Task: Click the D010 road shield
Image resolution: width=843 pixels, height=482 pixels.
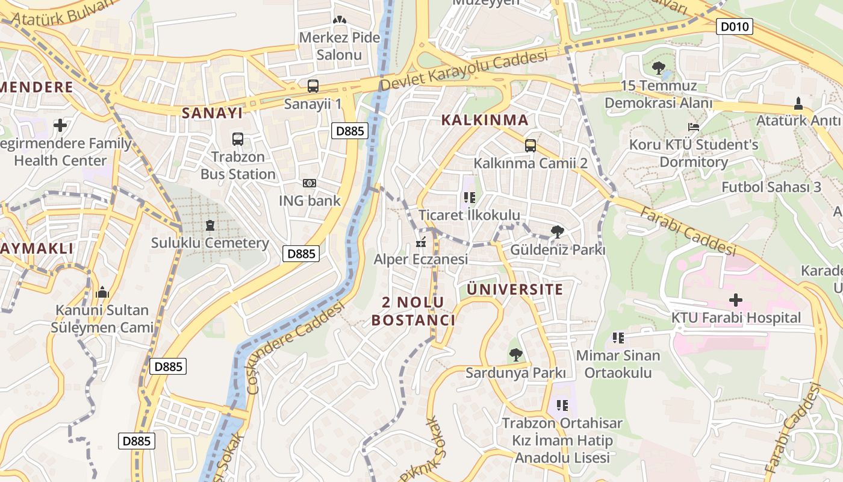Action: (735, 27)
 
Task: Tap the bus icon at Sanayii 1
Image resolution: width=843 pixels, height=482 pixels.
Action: (313, 86)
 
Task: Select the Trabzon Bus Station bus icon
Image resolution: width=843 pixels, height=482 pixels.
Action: (238, 139)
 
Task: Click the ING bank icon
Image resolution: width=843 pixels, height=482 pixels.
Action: (310, 183)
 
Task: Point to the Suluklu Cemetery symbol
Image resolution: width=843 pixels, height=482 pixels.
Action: (210, 225)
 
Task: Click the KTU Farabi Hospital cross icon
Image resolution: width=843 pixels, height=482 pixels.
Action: (735, 299)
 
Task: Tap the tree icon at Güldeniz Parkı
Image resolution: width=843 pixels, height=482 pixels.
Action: (557, 231)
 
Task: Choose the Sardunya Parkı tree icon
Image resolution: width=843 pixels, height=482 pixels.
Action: (515, 355)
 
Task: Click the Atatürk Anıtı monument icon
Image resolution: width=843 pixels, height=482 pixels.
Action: (798, 104)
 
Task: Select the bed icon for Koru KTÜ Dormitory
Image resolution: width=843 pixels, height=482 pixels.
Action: (694, 128)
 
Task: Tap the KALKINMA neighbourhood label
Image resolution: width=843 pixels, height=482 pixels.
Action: (485, 120)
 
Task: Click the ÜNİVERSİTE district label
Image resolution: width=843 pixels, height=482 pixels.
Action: (515, 289)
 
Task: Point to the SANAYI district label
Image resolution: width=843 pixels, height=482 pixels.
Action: (212, 113)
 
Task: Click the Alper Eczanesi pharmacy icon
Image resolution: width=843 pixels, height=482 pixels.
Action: (421, 243)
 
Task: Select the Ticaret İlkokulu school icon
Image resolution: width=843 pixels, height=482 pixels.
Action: (470, 197)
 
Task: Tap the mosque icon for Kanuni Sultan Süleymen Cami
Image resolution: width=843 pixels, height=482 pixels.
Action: (102, 293)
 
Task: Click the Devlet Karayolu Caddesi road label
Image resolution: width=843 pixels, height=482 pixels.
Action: (464, 71)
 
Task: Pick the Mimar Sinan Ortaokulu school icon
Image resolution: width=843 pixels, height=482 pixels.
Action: (618, 338)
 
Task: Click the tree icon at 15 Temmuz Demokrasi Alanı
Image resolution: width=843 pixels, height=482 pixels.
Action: (658, 67)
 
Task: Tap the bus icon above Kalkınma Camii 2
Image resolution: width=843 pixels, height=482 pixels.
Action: (530, 145)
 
